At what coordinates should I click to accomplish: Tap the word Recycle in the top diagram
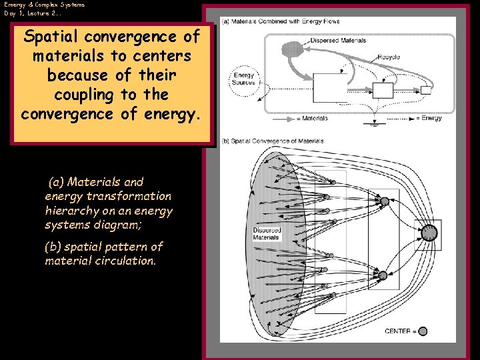point(388,57)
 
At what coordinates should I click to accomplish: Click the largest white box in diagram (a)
point(331,87)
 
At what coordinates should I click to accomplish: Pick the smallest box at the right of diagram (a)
point(426,90)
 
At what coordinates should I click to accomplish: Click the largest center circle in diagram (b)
point(430,232)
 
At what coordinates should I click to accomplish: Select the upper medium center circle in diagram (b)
point(383,201)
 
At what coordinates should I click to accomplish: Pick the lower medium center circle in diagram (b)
point(383,275)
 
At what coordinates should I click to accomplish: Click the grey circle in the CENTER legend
point(423,331)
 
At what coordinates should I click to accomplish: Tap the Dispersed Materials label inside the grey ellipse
point(267,234)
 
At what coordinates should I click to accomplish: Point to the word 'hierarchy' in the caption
point(70,211)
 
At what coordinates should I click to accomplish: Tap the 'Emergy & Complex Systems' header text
point(44,5)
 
